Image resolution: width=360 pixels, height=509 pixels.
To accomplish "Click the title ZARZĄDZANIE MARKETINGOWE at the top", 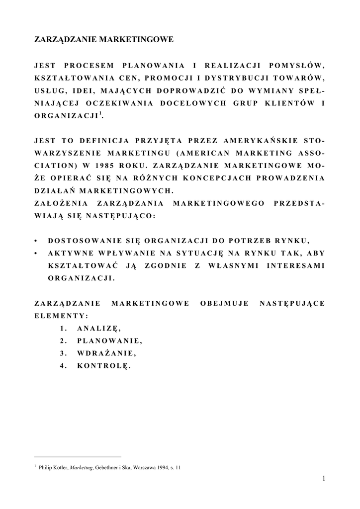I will pos(103,39).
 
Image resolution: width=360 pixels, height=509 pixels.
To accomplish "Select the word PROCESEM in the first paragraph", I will pos(89,65).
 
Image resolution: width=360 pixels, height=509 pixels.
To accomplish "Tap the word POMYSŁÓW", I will pos(296,65).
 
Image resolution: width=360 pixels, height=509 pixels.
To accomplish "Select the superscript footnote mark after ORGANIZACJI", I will pos(101,114).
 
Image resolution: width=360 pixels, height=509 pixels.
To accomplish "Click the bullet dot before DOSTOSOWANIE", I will pos(36,241).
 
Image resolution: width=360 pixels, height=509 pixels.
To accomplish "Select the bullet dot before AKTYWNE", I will pos(36,254).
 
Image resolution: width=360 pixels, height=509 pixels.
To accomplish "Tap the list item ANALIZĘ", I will pos(99,328).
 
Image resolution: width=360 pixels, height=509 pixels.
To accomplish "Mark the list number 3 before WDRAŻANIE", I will pos(62,353).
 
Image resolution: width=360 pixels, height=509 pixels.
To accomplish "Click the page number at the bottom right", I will pos(323,478).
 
